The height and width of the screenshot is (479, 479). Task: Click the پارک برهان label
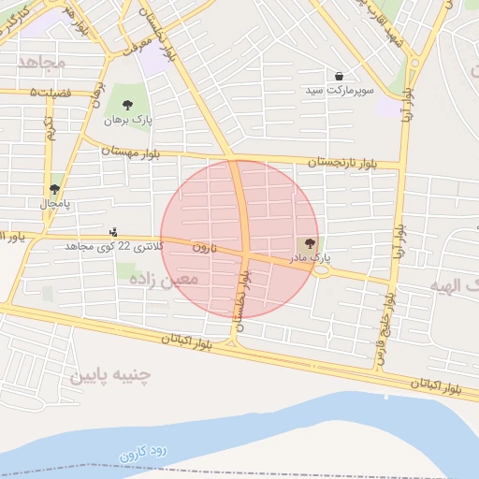pyautogui.click(x=127, y=120)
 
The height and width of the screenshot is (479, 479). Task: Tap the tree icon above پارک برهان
pyautogui.click(x=127, y=105)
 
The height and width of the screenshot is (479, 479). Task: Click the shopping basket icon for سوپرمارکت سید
pyautogui.click(x=338, y=76)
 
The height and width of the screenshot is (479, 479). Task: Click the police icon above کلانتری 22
pyautogui.click(x=114, y=231)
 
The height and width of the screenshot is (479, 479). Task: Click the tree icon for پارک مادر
pyautogui.click(x=312, y=243)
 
